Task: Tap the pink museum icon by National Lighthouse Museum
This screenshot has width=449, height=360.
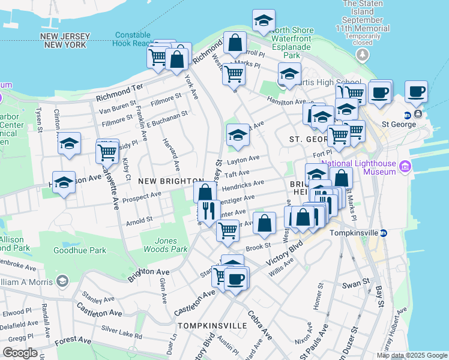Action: coord(405,166)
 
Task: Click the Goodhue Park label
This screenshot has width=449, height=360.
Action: coord(79,250)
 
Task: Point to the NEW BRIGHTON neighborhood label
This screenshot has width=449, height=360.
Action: coord(170,181)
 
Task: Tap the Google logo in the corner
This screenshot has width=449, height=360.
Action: coord(20,353)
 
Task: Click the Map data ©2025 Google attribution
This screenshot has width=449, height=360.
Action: coord(412,355)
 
